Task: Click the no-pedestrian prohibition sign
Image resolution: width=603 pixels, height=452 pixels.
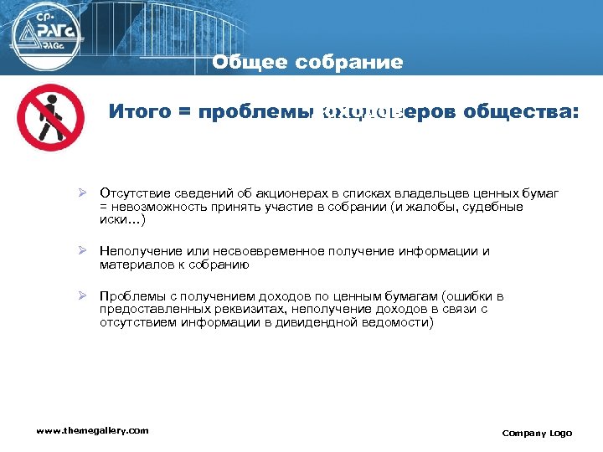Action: click(x=50, y=117)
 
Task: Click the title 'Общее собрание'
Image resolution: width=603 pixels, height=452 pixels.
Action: click(x=307, y=63)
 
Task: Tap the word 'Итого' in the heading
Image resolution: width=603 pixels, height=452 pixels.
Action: click(x=139, y=112)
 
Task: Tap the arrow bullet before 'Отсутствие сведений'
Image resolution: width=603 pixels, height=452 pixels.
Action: click(x=83, y=193)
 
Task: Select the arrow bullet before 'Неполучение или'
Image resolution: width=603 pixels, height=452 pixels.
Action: click(x=83, y=251)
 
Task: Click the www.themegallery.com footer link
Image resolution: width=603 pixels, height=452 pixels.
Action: click(x=92, y=430)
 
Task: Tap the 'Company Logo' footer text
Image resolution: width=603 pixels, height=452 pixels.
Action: click(x=537, y=433)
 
